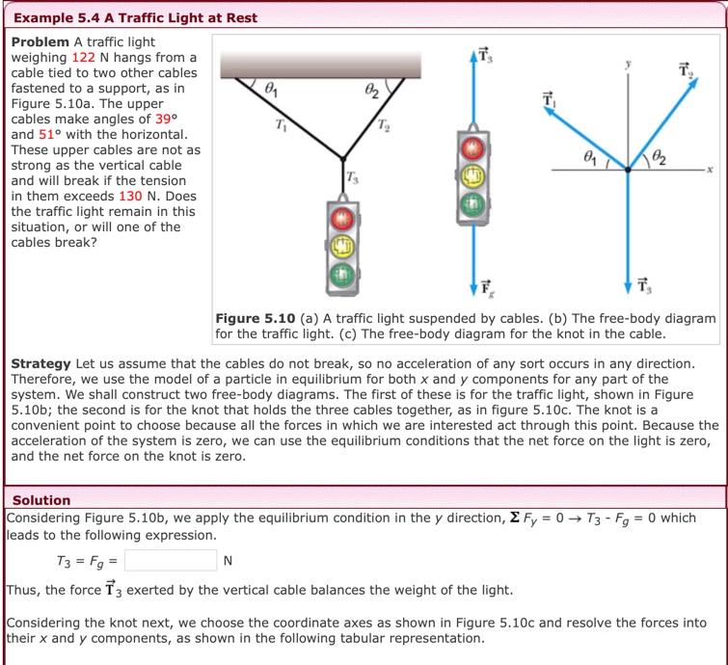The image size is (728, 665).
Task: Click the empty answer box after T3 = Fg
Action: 170,560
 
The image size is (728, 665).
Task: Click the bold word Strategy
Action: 40,363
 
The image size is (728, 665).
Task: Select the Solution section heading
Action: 41,500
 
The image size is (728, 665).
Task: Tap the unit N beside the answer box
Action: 228,561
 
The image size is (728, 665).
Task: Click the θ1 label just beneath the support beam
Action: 272,91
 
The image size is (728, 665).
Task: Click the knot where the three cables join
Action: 343,158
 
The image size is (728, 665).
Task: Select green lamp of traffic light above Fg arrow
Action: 472,203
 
